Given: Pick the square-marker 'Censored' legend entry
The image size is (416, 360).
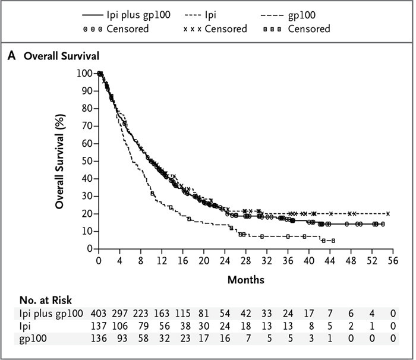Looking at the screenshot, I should [x=308, y=29].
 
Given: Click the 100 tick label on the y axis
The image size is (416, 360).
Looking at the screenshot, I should [x=84, y=73].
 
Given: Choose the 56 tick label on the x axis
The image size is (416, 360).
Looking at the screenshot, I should [x=393, y=260].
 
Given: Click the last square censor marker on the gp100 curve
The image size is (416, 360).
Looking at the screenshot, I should [x=333, y=241].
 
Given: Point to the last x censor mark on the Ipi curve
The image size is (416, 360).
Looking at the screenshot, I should [x=388, y=214].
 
